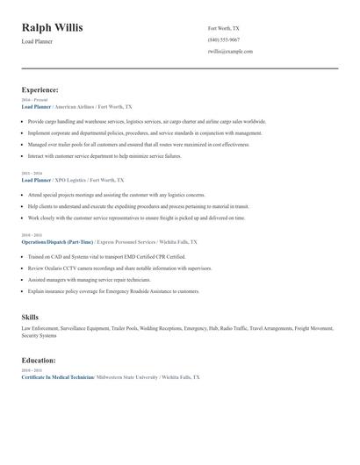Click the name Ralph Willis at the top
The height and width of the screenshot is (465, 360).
pyautogui.click(x=52, y=28)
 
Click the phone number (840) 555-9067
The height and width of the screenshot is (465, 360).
pyautogui.click(x=224, y=39)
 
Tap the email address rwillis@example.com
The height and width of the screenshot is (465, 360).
pyautogui.click(x=230, y=51)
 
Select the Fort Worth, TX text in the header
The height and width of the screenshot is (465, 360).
pyautogui.click(x=223, y=28)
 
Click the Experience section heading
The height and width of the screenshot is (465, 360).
pyautogui.click(x=40, y=89)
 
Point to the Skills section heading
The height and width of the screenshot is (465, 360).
pyautogui.click(x=30, y=316)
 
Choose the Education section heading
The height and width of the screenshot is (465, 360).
pyautogui.click(x=39, y=360)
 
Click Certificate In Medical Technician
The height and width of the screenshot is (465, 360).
pyautogui.click(x=57, y=376)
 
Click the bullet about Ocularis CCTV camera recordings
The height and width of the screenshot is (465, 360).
pyautogui.click(x=119, y=268)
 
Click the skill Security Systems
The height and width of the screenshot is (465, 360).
pyautogui.click(x=40, y=335)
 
